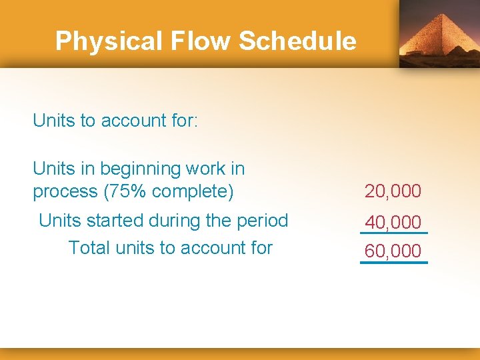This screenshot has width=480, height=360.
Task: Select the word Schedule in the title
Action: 297,41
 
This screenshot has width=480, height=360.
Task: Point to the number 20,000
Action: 393,191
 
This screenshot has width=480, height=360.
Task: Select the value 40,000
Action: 393,222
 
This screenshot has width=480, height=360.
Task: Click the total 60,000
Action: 393,251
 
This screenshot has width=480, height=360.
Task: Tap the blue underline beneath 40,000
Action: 393,233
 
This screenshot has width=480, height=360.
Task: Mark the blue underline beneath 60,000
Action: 393,263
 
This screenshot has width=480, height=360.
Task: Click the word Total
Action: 89,248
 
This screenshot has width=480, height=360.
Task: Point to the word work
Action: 208,169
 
